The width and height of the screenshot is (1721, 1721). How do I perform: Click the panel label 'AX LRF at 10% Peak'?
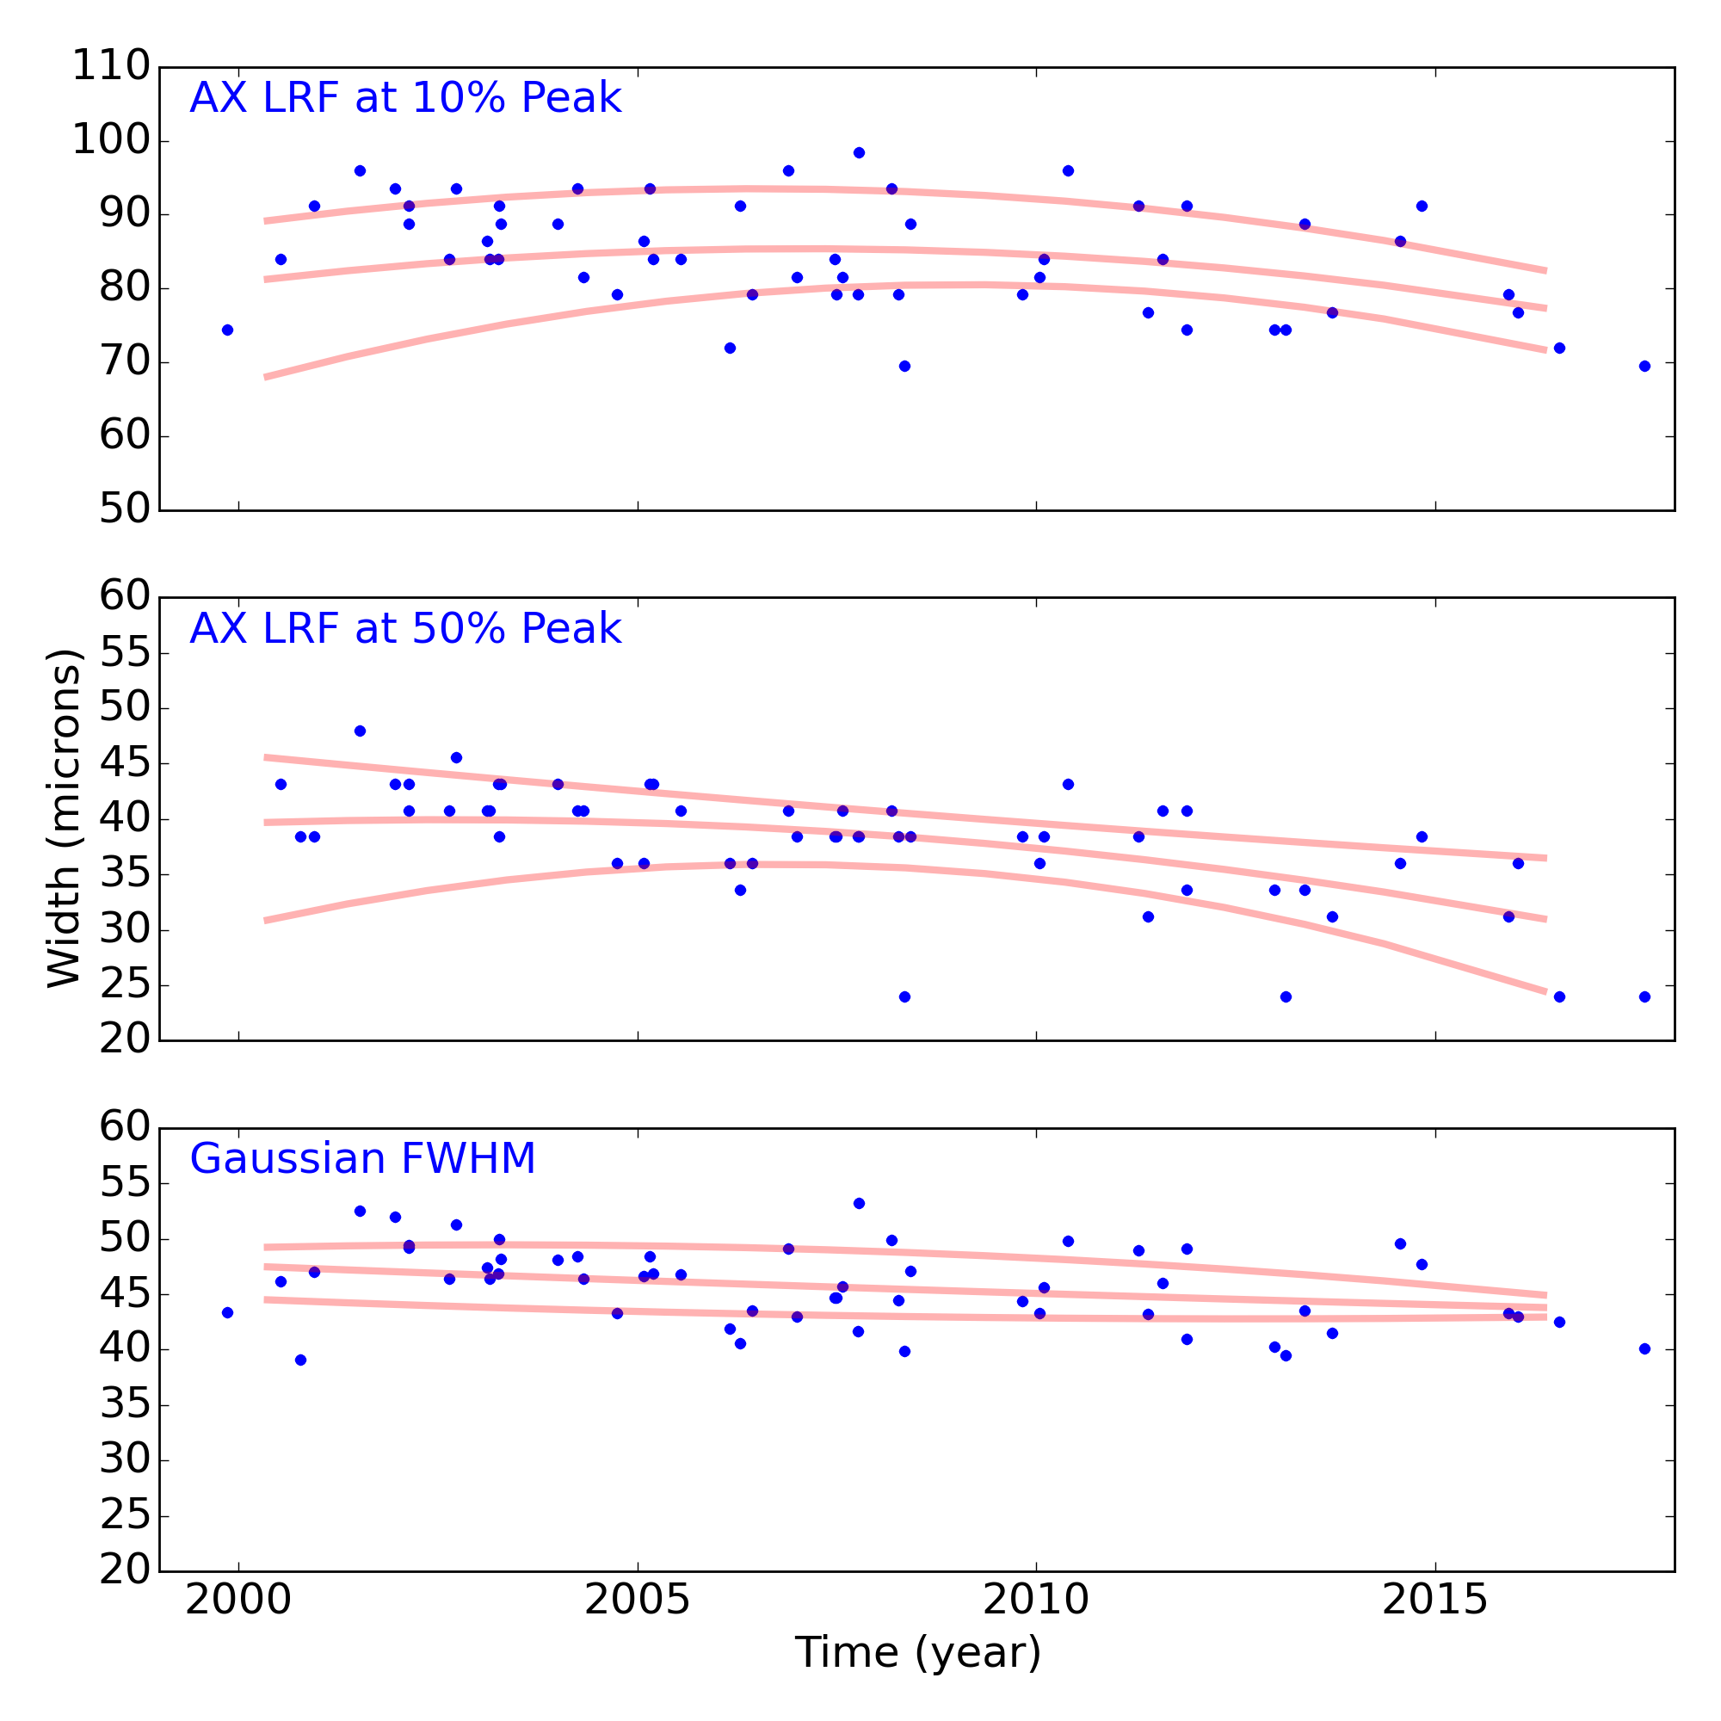405,98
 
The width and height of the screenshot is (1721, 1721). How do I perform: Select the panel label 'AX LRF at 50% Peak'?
405,629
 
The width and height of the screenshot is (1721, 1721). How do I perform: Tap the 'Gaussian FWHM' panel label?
362,1159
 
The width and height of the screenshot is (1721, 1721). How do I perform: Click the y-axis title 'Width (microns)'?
65,817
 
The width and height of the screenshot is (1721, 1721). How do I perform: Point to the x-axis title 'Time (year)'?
917,1653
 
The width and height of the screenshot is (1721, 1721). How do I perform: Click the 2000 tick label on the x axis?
237,1600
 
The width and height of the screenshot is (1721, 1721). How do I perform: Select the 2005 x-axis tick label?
637,1600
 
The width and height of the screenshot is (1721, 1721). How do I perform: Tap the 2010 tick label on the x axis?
1036,1600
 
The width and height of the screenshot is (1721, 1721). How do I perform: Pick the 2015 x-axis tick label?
1435,1600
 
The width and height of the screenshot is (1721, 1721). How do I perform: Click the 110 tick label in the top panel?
110,67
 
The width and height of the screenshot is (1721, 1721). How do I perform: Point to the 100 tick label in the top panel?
110,141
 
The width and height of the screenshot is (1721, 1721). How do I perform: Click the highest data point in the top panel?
859,152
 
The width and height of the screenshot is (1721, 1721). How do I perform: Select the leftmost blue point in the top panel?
227,330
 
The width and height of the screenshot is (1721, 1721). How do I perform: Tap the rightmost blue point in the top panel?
1644,366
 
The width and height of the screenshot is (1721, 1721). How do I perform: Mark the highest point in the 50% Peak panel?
360,731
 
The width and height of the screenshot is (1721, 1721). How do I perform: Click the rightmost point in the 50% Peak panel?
1644,996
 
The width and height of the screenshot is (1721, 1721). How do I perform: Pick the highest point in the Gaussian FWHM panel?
859,1204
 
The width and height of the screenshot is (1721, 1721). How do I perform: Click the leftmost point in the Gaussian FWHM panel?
227,1312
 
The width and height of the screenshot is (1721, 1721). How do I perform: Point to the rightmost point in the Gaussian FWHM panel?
1644,1348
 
